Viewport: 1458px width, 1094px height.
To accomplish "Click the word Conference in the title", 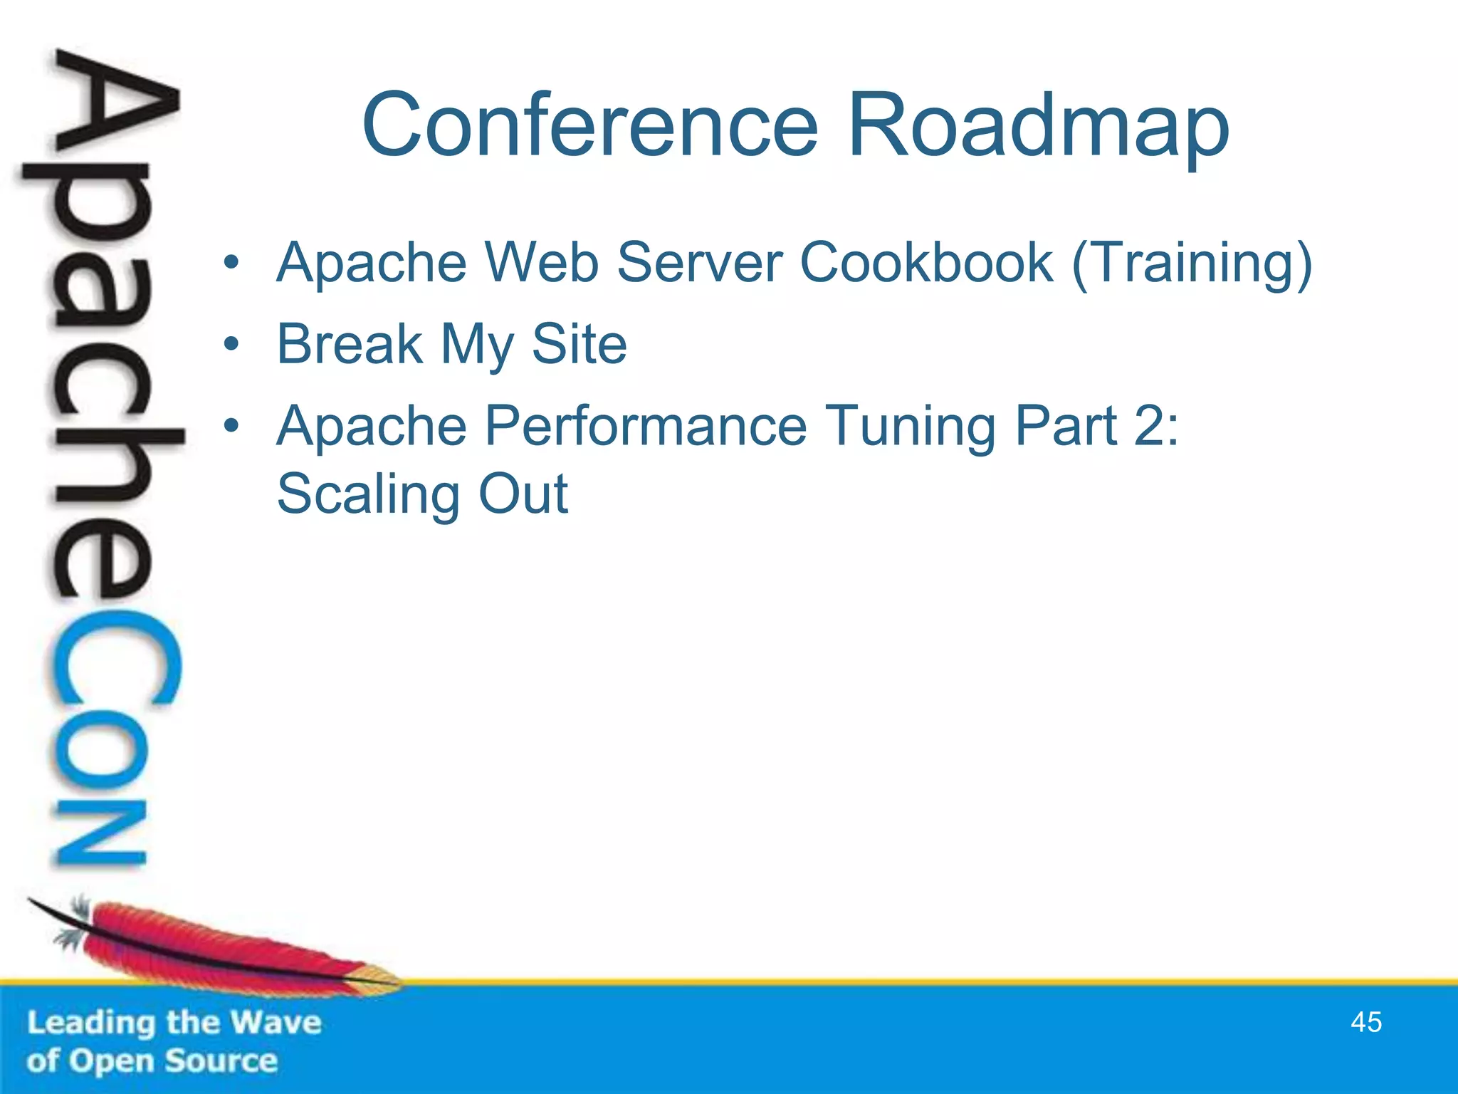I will [589, 125].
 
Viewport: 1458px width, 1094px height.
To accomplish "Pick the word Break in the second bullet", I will [350, 344].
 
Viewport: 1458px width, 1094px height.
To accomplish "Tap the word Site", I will [579, 344].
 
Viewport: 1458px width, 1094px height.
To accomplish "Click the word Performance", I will [646, 426].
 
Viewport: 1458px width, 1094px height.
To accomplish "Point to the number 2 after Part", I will [1149, 426].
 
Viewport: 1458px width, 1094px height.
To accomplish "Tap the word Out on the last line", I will [523, 494].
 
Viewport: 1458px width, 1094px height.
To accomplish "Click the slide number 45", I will [1365, 1022].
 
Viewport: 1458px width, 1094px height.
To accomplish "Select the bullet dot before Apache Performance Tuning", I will [231, 427].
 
